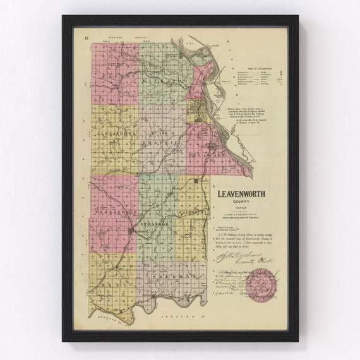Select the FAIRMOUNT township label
click(x=195, y=215)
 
